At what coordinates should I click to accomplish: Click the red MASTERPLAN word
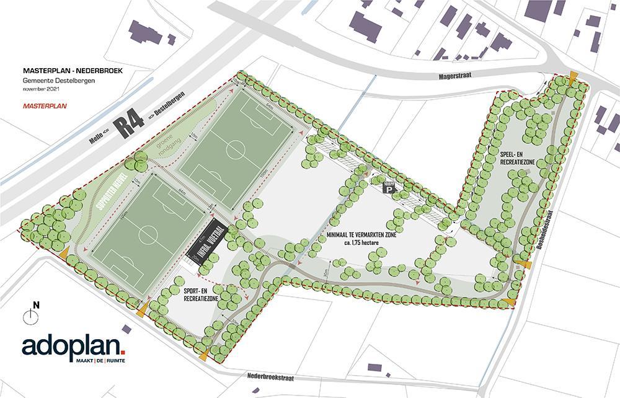[x=45, y=105]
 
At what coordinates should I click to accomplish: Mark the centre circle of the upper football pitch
[x=236, y=148]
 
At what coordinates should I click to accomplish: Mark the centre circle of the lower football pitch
[x=148, y=234]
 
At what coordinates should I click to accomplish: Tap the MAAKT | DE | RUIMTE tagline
[x=100, y=360]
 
